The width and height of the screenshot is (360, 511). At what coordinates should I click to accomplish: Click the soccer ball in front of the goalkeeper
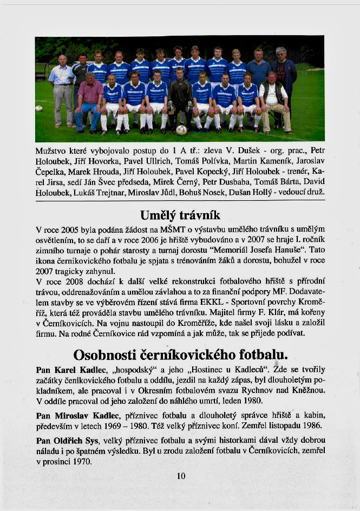tap(181, 130)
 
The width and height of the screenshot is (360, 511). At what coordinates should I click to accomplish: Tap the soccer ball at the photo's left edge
tap(38, 108)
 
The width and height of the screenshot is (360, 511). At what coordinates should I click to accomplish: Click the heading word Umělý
tap(161, 215)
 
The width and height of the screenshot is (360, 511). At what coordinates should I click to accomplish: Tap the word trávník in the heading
tap(200, 215)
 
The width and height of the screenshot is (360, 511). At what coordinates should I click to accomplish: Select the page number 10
tap(181, 476)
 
